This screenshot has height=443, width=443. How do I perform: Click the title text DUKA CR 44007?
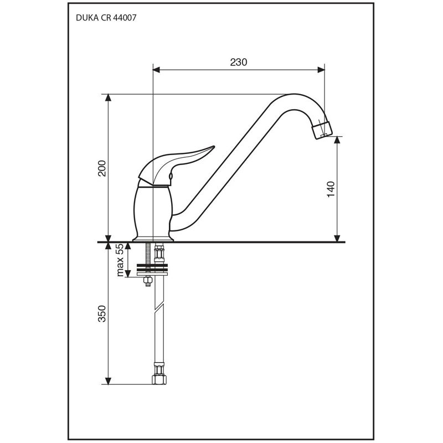point(106,18)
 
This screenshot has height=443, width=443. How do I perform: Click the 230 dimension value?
point(239,62)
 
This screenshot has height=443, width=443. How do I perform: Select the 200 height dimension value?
point(102,168)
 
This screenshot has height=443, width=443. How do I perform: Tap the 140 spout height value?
point(331,189)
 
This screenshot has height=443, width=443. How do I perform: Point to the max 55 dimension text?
point(120,260)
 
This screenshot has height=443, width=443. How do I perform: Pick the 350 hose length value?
point(102,313)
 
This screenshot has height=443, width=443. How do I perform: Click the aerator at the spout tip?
point(322,129)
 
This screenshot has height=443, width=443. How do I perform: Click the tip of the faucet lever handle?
point(214,147)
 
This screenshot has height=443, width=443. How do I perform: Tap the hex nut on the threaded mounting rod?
point(148,280)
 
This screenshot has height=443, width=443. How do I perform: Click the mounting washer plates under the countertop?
point(152,270)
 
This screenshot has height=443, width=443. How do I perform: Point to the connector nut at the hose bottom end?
point(159,379)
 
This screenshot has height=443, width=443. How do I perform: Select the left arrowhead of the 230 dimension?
point(156,70)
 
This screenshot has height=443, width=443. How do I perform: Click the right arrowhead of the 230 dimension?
point(321,70)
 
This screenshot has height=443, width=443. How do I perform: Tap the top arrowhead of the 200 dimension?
point(108,97)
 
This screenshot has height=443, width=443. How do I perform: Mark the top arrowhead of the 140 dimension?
point(337,140)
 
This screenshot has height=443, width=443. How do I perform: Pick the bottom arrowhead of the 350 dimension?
point(108,380)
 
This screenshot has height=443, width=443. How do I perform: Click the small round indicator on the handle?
point(171,177)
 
